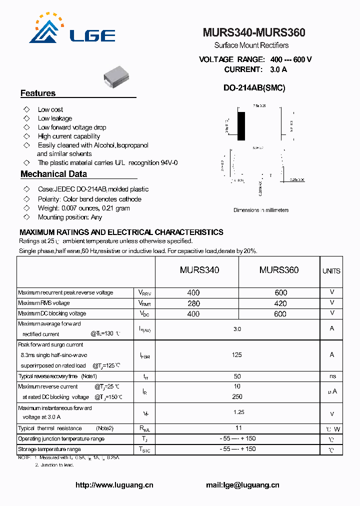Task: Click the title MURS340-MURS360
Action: (x=254, y=33)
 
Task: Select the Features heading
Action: (x=38, y=93)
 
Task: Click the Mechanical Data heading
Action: (x=53, y=174)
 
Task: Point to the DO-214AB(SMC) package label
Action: (x=254, y=87)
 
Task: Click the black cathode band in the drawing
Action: (x=241, y=126)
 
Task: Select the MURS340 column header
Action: (x=199, y=270)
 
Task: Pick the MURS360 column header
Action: (x=278, y=270)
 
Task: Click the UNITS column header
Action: (x=331, y=271)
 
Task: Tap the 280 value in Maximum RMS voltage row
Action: (x=193, y=303)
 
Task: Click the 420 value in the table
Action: (x=280, y=303)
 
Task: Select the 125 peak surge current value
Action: (x=237, y=355)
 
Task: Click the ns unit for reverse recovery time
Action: (x=332, y=376)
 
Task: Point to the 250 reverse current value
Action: (x=237, y=396)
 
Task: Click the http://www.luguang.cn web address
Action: (x=114, y=484)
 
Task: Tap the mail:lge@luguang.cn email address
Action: (x=242, y=484)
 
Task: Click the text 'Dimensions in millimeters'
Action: (x=261, y=210)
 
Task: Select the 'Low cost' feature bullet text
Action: (x=50, y=109)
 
